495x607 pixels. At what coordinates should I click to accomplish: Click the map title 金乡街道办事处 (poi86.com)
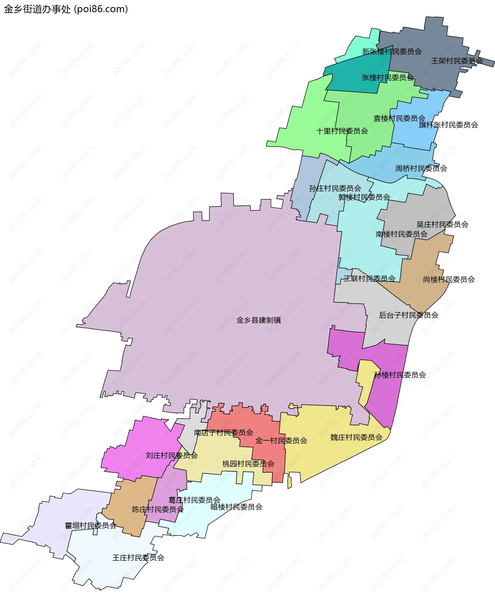tap(66, 9)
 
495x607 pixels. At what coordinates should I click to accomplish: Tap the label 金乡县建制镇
tap(259, 320)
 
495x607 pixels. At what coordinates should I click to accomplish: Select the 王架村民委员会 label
tap(457, 61)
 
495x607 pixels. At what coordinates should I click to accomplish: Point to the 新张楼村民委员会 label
tap(392, 52)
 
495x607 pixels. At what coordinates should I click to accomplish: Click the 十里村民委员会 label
tap(342, 131)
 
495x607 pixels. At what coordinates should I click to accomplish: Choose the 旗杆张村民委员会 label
tap(448, 125)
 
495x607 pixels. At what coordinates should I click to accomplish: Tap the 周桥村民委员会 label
tap(421, 169)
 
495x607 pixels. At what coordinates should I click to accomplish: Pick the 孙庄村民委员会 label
tap(335, 188)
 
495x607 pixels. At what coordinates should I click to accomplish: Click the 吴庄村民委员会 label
tap(442, 225)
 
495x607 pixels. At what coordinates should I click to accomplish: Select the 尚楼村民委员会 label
tap(449, 279)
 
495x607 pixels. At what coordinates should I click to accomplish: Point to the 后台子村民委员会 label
tap(409, 315)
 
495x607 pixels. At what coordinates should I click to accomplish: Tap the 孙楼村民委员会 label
tap(400, 375)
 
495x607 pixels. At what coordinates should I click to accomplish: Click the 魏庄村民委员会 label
tap(356, 437)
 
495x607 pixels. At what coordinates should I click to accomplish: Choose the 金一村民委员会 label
tap(281, 441)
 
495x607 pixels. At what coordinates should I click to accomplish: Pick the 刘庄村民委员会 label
tap(172, 456)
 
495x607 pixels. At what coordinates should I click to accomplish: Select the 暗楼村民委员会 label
tap(236, 507)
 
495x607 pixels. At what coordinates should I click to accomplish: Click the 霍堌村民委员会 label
tap(91, 526)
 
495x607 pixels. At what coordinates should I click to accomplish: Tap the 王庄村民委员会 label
tap(138, 558)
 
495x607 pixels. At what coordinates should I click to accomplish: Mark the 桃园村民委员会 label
tap(248, 464)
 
